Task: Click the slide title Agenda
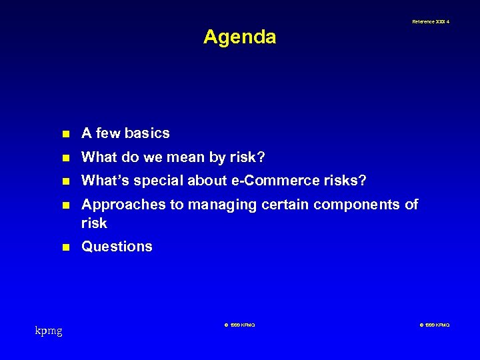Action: click(239, 37)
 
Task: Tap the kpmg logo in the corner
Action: click(49, 329)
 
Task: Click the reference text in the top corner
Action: click(430, 22)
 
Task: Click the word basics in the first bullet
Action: click(147, 133)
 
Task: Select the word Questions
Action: click(117, 247)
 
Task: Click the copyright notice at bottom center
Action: click(239, 325)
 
